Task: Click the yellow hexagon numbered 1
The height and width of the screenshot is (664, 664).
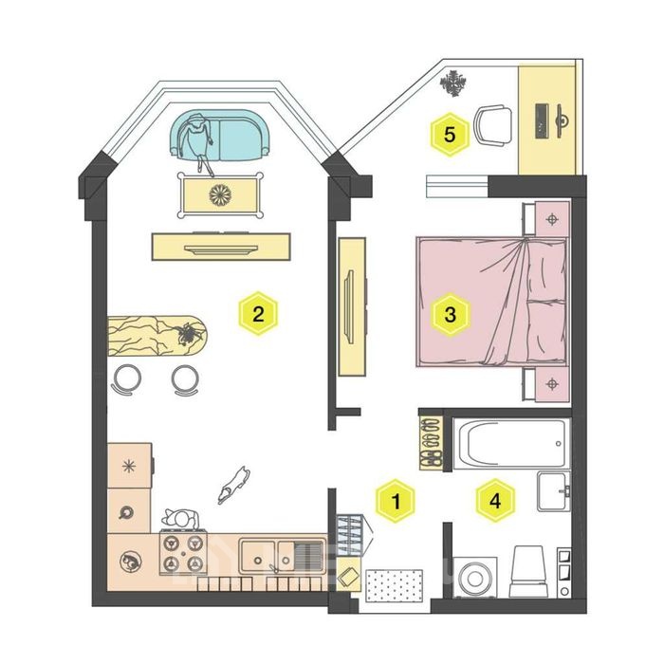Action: coord(396,501)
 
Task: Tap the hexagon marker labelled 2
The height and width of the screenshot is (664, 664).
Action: coord(258,314)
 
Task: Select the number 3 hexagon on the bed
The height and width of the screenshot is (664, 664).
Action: coord(451,315)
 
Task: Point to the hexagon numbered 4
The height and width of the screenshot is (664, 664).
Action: coord(495,501)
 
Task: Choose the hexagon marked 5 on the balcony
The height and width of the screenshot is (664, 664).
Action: coord(450,135)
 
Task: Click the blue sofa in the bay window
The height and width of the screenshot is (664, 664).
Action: coord(221,135)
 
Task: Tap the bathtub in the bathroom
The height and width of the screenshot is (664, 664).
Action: coord(511,443)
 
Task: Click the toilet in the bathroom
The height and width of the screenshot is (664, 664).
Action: coord(527,571)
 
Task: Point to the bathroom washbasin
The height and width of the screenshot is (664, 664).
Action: coord(553,491)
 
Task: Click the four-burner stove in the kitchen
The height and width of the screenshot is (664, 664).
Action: coord(183,552)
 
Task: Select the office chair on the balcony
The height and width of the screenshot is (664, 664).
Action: coord(492,126)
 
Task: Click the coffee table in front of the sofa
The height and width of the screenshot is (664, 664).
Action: coord(220,195)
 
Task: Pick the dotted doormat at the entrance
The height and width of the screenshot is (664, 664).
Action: coord(394,585)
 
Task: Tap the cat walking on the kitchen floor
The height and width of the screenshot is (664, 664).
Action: coord(233,485)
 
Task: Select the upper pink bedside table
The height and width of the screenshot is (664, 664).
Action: coord(546,219)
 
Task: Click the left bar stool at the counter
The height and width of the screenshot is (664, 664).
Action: coord(126,379)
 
